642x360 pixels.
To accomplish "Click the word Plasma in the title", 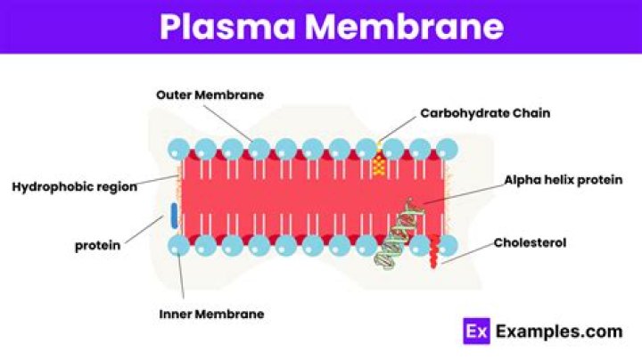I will (x=226, y=27).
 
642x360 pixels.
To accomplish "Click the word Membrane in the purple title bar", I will (x=403, y=27).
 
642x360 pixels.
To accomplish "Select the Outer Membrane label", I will (x=210, y=94).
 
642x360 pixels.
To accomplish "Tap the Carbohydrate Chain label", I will (x=485, y=113).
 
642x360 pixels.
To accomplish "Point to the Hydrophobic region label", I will (x=74, y=186).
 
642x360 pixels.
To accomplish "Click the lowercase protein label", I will (x=97, y=245).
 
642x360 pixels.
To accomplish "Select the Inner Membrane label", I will (x=211, y=314).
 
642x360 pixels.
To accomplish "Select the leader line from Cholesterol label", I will (x=468, y=253).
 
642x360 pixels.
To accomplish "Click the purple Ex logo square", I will (x=477, y=331).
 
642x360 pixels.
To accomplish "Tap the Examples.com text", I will (x=559, y=331).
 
